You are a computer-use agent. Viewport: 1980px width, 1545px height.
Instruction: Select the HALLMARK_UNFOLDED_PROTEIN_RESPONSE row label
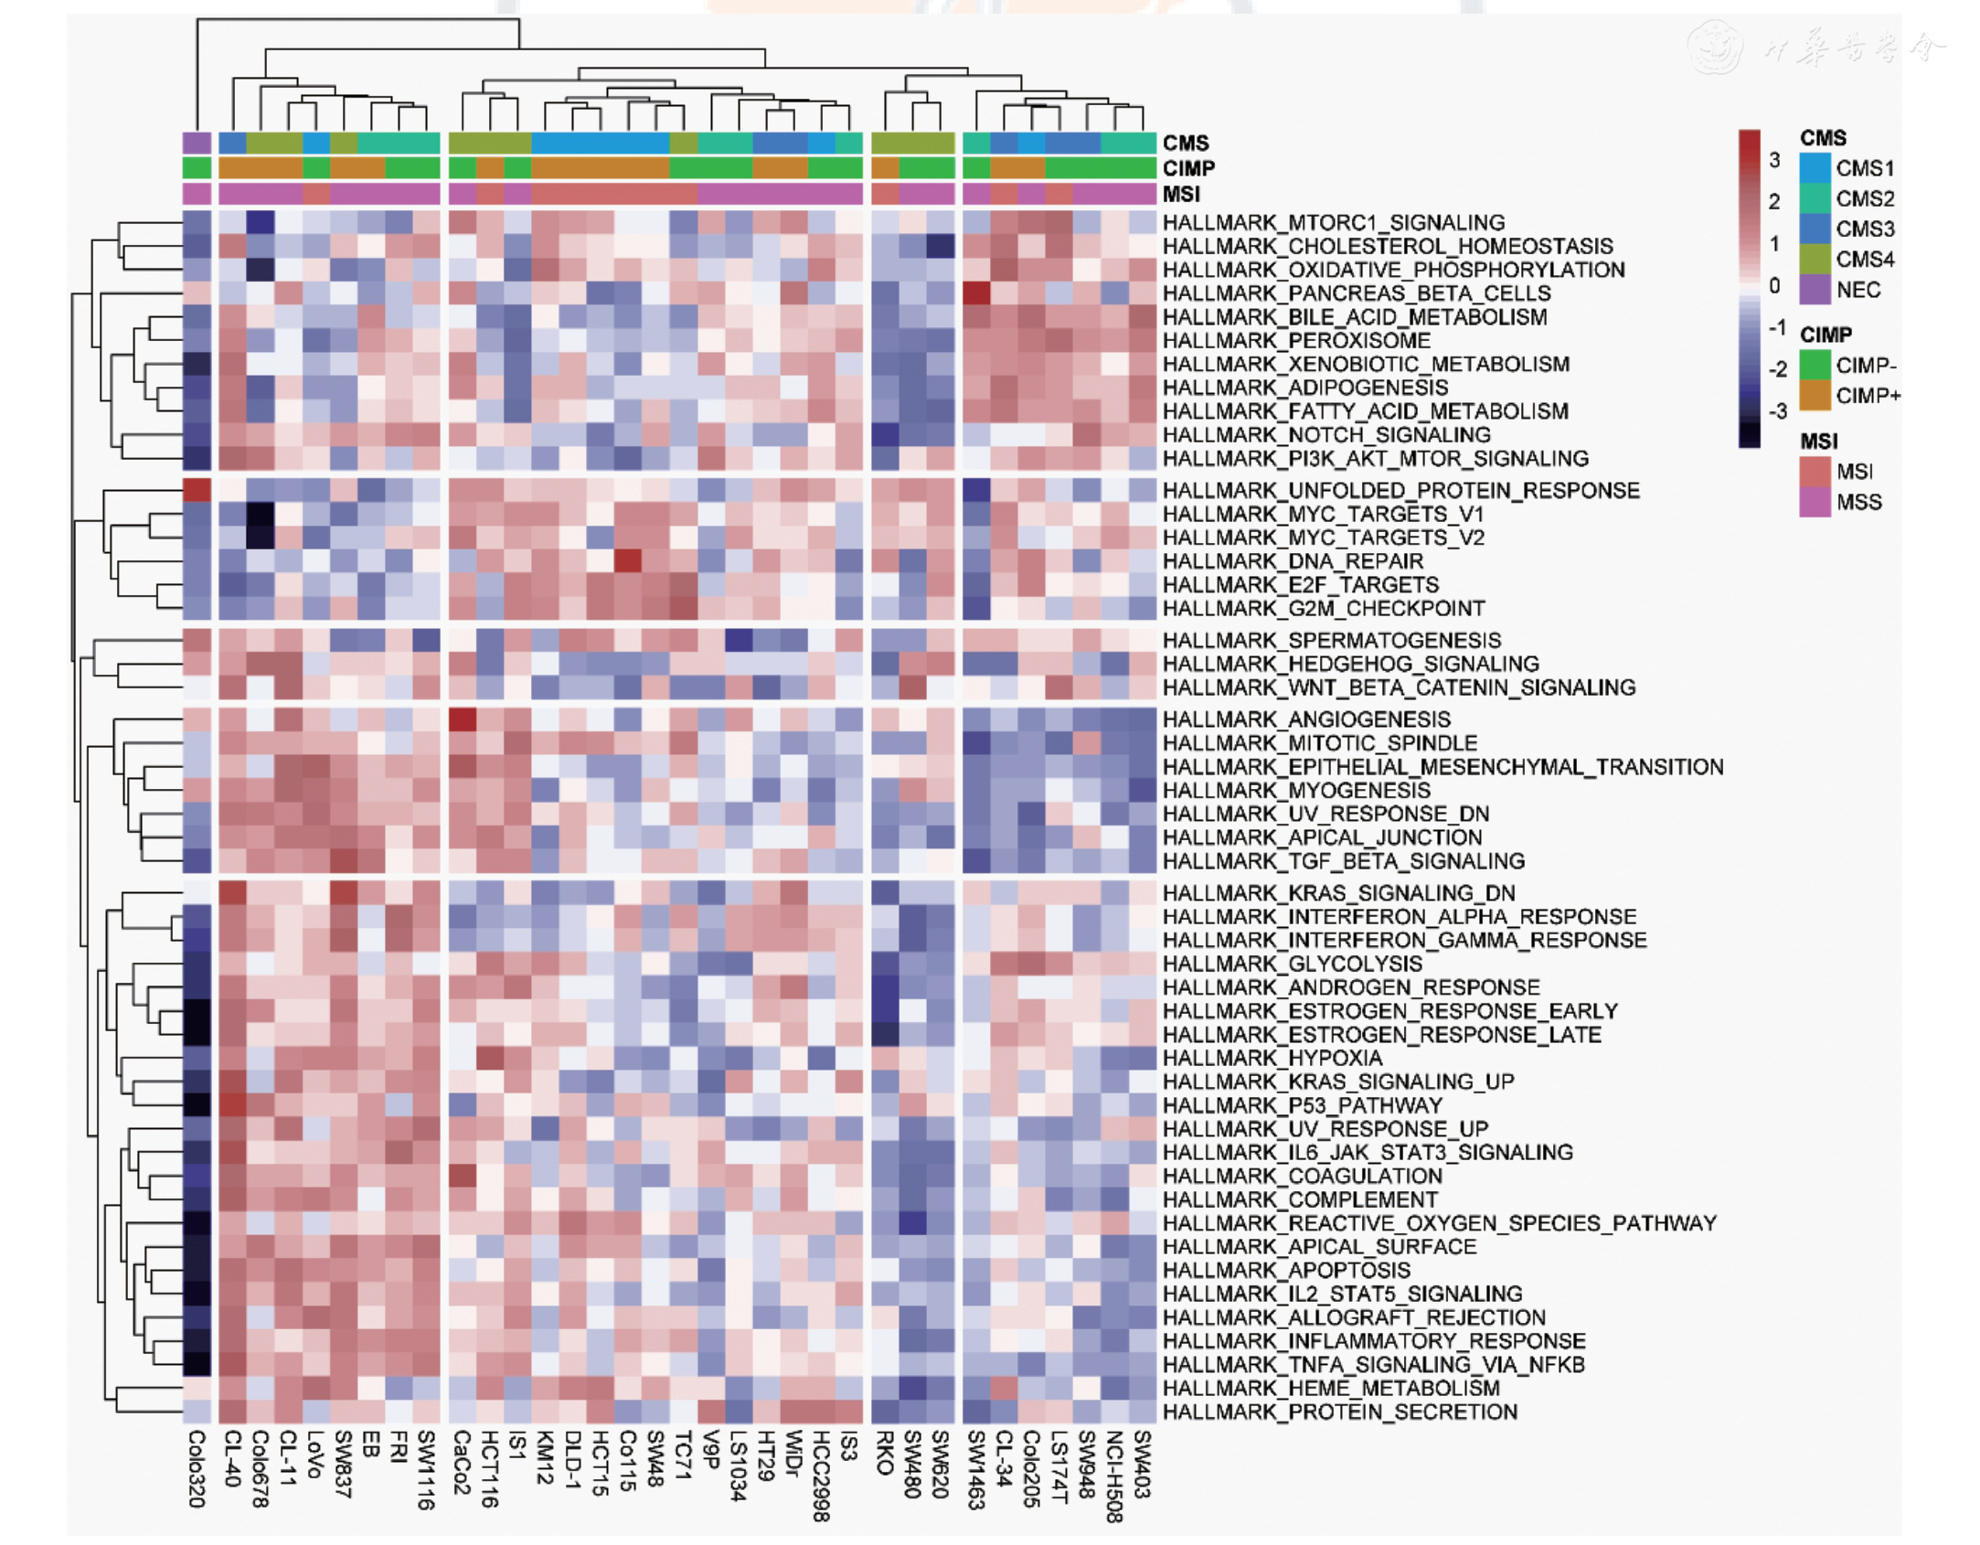[x=1400, y=490]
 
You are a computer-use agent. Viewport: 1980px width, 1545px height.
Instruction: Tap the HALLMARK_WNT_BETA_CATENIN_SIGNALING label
[x=1399, y=687]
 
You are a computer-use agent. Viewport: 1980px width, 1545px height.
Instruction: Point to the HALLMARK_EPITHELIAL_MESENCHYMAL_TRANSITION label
[x=1442, y=766]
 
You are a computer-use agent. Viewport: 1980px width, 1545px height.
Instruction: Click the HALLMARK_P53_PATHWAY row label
[x=1302, y=1105]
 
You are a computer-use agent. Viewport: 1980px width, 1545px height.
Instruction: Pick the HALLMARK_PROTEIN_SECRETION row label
[x=1339, y=1412]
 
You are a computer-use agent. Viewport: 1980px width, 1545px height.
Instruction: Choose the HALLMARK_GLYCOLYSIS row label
[x=1292, y=964]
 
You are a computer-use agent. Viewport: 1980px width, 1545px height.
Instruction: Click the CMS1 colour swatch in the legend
[x=1815, y=168]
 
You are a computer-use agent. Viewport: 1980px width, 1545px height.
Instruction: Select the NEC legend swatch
[x=1815, y=290]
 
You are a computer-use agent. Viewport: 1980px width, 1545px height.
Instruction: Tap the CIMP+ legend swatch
[x=1815, y=396]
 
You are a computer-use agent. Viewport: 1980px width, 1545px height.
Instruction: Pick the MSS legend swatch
[x=1815, y=502]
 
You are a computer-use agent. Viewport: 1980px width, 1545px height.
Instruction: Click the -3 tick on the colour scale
[x=1776, y=411]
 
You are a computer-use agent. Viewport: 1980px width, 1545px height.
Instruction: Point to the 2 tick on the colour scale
[x=1774, y=201]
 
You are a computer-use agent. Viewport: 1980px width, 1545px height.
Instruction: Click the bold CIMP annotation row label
[x=1188, y=168]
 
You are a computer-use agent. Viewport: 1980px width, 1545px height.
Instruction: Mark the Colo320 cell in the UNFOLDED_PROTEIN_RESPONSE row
[x=197, y=490]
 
